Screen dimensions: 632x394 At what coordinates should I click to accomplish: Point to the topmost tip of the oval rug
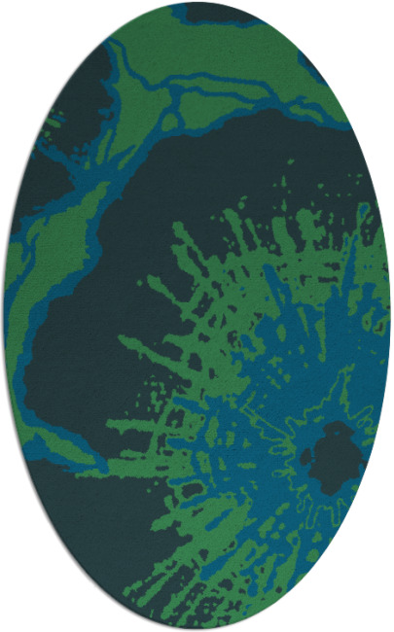pyautogui.click(x=197, y=3)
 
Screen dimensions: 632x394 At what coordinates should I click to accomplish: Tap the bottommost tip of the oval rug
pyautogui.click(x=197, y=629)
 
